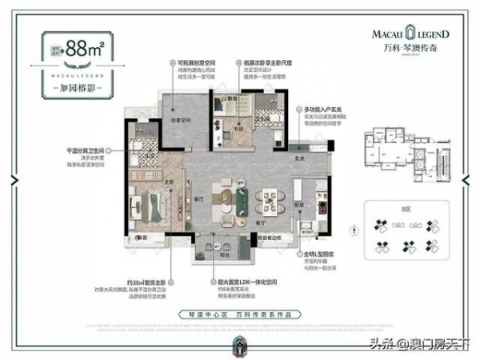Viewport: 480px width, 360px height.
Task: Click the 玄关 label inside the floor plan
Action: tap(299, 158)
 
